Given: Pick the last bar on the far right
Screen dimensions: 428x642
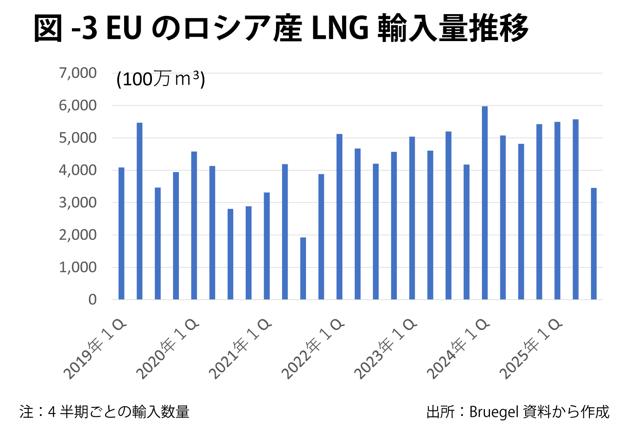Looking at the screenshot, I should [594, 244].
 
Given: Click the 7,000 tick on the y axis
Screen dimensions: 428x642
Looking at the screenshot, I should [78, 73].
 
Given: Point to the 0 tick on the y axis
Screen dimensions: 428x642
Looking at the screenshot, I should [92, 300].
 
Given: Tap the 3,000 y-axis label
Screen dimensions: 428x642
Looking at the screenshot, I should [78, 202].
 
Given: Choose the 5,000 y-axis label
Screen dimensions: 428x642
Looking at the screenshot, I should [78, 138].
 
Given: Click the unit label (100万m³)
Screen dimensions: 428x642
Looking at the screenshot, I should [160, 79].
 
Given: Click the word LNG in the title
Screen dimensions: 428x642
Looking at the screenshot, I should [340, 29].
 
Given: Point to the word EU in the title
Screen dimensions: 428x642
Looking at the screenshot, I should [124, 29].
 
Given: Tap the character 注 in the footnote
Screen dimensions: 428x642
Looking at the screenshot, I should [27, 412].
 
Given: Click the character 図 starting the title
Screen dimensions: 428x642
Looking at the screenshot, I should [48, 29].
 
